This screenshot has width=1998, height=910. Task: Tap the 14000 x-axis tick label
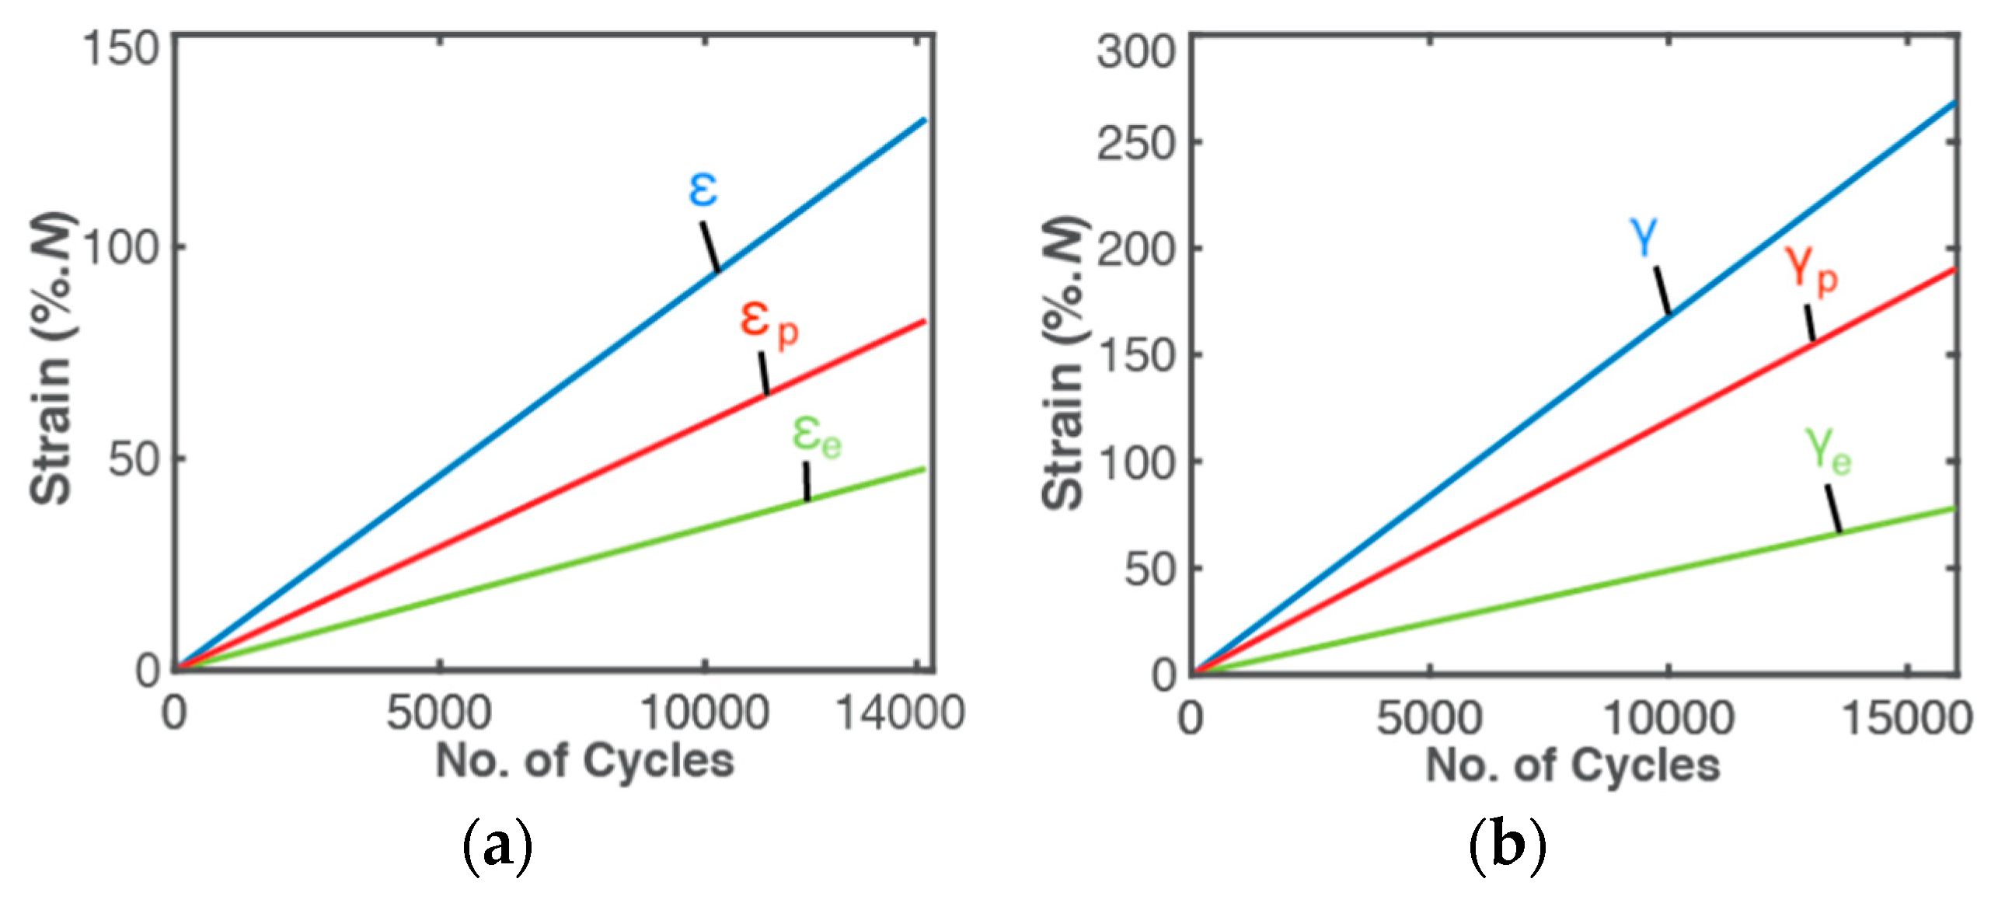coord(899,712)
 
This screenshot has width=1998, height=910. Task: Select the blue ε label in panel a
coord(703,189)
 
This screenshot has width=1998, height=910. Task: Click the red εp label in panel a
coord(768,323)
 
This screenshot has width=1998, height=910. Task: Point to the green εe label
coord(816,437)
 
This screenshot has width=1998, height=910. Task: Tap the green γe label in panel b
coord(1828,451)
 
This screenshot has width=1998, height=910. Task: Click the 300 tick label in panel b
coord(1135,53)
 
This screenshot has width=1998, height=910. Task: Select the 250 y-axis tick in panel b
coord(1135,144)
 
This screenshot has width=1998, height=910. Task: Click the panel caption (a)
coord(497,846)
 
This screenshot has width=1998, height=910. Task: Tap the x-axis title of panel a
coord(584,760)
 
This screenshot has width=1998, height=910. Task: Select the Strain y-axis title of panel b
coord(1063,364)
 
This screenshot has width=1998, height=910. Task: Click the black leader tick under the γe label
coord(1832,508)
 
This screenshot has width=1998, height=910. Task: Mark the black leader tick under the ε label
coord(710,246)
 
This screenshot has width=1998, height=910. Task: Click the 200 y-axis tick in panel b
coord(1135,250)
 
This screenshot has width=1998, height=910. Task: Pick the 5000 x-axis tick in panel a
coord(439,712)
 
